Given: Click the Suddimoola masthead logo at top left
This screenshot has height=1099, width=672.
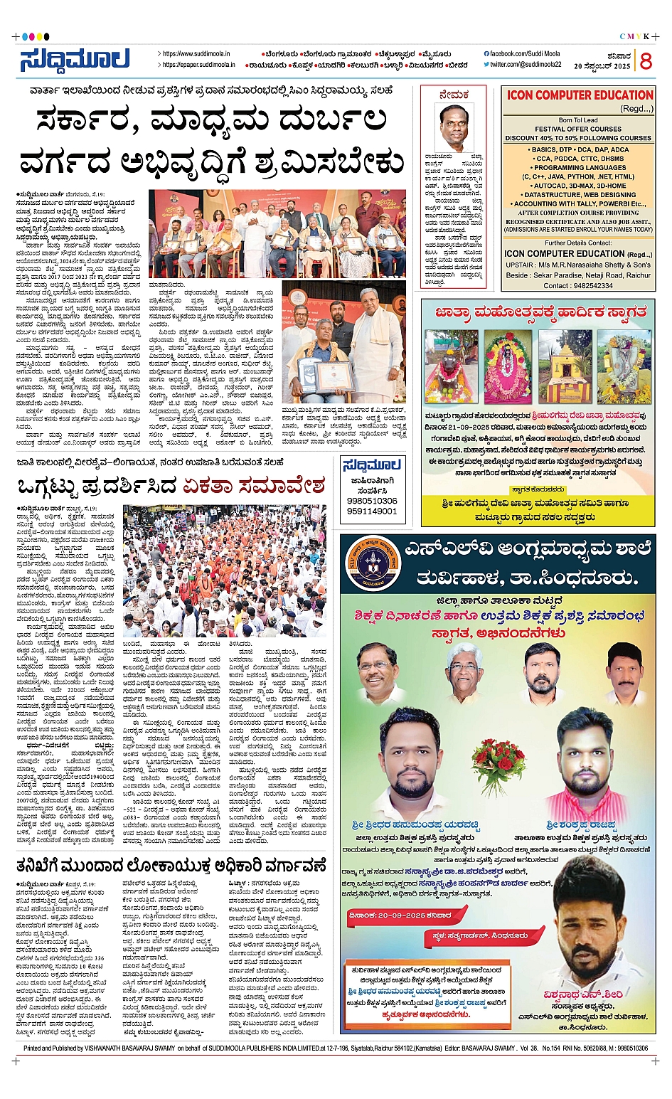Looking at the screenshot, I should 74,60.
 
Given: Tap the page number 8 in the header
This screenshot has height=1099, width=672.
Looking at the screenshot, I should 645,61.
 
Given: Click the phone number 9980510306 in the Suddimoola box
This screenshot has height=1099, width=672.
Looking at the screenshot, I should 372,501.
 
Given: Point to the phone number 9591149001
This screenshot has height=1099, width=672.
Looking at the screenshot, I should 372,511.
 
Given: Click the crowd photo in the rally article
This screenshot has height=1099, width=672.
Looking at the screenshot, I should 224,570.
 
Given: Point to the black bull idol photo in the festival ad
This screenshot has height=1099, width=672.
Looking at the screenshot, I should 452,367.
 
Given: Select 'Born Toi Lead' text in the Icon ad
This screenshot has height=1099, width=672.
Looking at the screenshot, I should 578,120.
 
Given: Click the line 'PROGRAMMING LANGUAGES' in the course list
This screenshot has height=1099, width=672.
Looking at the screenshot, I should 578,168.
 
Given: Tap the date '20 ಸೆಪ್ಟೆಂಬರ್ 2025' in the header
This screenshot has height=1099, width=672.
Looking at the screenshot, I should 602,66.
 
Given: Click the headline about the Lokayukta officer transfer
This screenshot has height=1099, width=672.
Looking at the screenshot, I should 171,866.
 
